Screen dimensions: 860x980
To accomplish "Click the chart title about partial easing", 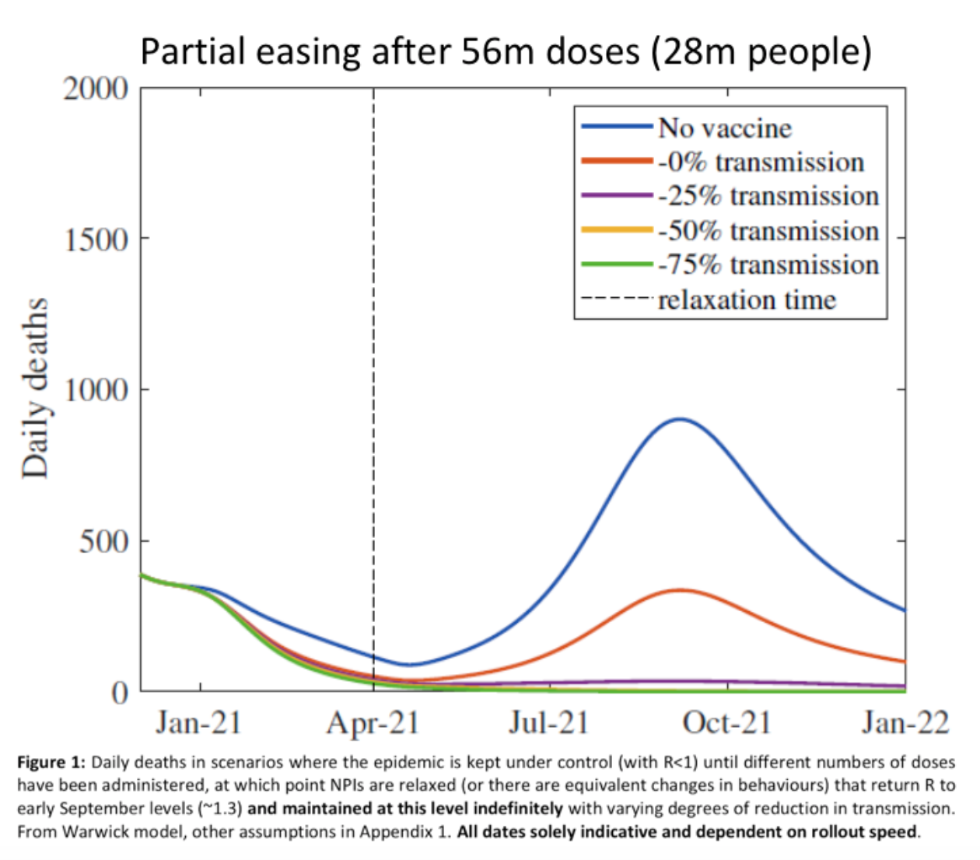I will (506, 52).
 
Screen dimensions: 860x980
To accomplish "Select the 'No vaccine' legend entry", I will (724, 128).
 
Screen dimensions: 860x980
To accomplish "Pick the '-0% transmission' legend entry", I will (761, 162).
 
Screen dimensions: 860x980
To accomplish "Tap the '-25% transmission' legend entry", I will (768, 196).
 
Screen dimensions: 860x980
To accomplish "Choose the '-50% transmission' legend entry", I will (768, 231).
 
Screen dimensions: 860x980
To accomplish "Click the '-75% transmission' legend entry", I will (768, 265).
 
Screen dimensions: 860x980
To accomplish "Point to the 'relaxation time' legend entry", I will (747, 300).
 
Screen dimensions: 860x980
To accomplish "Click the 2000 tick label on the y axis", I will (96, 89).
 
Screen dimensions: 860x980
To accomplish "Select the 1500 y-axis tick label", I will (96, 239).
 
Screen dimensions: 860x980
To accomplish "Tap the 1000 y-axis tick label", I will (96, 390).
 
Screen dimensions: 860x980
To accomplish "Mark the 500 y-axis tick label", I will (103, 541).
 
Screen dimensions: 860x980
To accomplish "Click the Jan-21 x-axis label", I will (199, 723).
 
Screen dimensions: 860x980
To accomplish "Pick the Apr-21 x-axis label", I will (373, 723).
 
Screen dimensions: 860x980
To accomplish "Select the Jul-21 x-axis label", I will (549, 723).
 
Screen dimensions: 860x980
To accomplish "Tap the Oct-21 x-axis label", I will (726, 723).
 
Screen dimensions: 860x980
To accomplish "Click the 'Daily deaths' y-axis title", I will (36, 389).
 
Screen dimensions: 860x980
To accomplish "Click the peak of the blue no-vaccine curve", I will (680, 419).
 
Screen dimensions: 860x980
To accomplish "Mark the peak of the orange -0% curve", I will (680, 590).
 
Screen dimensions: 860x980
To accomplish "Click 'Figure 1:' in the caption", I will (51, 763).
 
